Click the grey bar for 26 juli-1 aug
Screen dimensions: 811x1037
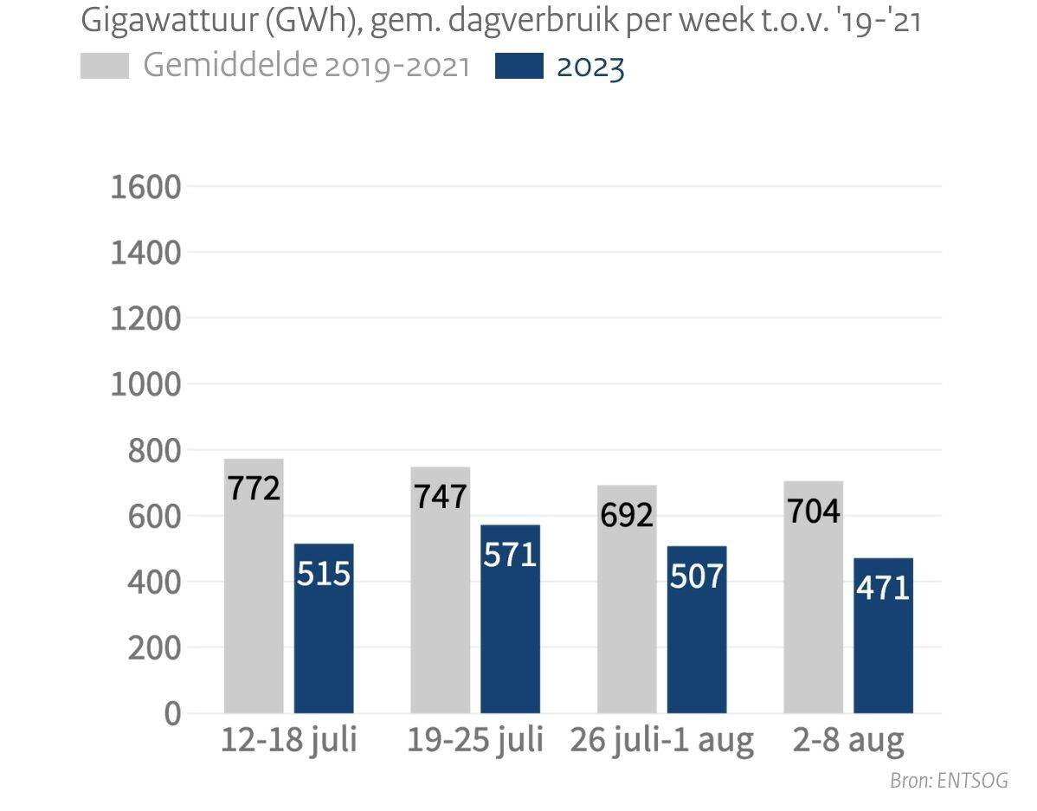(627, 623)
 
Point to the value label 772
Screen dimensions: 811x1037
(254, 488)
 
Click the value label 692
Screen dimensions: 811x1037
(627, 515)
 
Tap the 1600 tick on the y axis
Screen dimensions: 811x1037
(145, 187)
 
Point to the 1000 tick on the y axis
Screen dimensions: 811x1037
(145, 384)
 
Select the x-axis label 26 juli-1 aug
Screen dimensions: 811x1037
(662, 741)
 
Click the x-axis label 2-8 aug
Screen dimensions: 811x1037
(848, 741)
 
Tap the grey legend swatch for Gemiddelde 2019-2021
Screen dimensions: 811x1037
(104, 67)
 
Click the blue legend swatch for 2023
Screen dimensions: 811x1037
(518, 67)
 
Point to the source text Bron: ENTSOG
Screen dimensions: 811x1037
(949, 781)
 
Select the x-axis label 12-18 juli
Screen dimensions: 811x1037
(288, 741)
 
